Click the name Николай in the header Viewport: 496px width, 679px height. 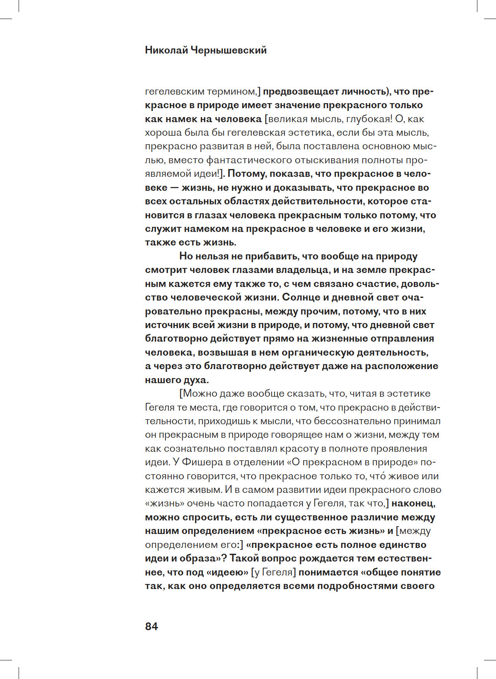click(166, 50)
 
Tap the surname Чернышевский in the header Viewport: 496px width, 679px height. click(228, 50)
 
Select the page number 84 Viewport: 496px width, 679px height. click(151, 626)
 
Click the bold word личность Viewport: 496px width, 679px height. click(365, 92)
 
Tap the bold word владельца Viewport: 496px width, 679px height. click(297, 270)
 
